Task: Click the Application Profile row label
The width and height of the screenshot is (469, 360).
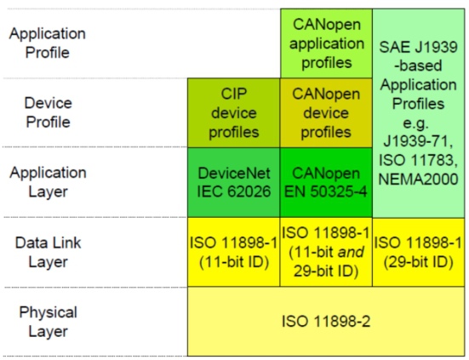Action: pyautogui.click(x=48, y=43)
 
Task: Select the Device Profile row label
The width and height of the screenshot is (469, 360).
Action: pyautogui.click(x=48, y=112)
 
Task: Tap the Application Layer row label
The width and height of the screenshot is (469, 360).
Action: pyautogui.click(x=48, y=182)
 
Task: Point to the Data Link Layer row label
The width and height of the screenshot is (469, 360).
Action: pyautogui.click(x=48, y=252)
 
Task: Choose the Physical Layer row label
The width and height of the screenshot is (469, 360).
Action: pyautogui.click(x=48, y=322)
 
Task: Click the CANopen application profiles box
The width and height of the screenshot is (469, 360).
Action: pyautogui.click(x=326, y=43)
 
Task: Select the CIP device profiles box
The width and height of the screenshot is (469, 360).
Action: pyautogui.click(x=233, y=113)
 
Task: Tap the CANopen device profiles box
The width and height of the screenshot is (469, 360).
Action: pyautogui.click(x=326, y=113)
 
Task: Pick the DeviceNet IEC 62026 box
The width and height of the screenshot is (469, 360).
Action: pyautogui.click(x=233, y=182)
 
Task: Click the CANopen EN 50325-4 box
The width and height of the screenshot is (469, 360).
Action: pyautogui.click(x=326, y=182)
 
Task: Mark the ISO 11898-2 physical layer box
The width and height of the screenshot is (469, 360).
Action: pyautogui.click(x=326, y=322)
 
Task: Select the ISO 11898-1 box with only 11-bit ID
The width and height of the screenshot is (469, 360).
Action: pyautogui.click(x=233, y=252)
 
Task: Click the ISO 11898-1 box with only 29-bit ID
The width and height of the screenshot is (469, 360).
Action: pyautogui.click(x=419, y=252)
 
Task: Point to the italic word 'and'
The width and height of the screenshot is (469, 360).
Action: pyautogui.click(x=351, y=252)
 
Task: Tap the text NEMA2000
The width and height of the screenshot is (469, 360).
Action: pyautogui.click(x=418, y=179)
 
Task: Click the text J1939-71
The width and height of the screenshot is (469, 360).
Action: pyautogui.click(x=418, y=141)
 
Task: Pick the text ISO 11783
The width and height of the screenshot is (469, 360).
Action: pyautogui.click(x=418, y=160)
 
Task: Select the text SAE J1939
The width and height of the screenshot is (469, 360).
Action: pyautogui.click(x=418, y=47)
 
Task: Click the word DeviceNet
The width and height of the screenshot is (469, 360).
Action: pyautogui.click(x=234, y=173)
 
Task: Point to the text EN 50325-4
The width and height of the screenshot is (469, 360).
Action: pyautogui.click(x=325, y=191)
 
